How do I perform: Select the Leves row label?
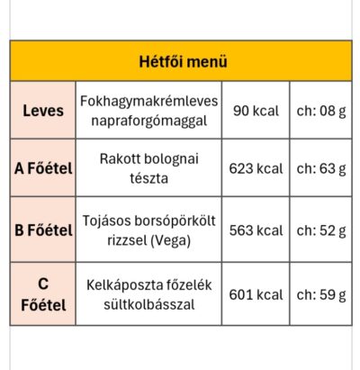[43, 111]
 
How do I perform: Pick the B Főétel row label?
[43, 230]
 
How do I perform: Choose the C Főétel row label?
[43, 294]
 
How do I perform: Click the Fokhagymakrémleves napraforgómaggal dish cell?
[148, 111]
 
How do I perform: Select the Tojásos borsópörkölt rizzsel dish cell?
[148, 230]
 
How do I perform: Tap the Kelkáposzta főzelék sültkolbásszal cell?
[148, 294]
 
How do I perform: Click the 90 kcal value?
[256, 111]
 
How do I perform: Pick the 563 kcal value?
[256, 230]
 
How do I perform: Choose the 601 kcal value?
[256, 294]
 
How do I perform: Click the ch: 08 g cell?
[321, 111]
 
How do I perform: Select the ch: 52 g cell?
[321, 230]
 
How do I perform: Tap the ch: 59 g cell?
[321, 294]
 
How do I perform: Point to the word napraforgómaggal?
[148, 120]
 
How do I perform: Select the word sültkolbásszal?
[148, 304]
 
